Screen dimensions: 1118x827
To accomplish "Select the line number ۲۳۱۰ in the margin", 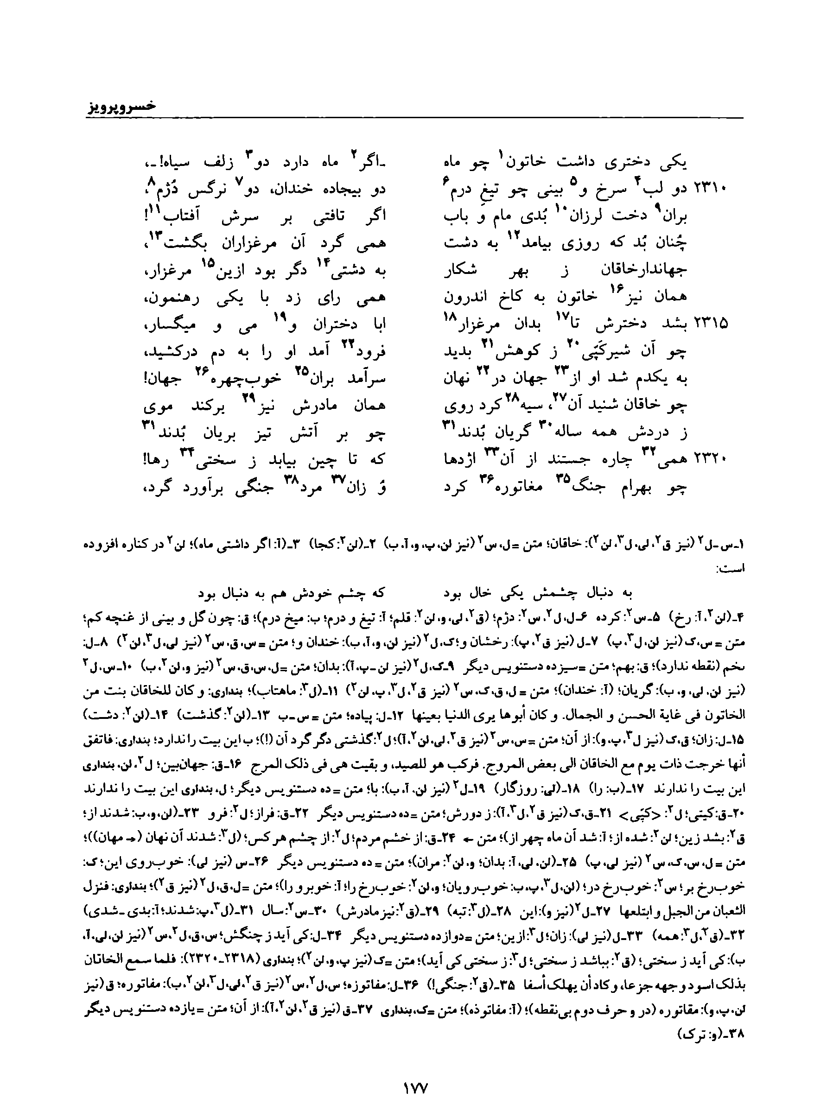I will [x=711, y=189].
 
